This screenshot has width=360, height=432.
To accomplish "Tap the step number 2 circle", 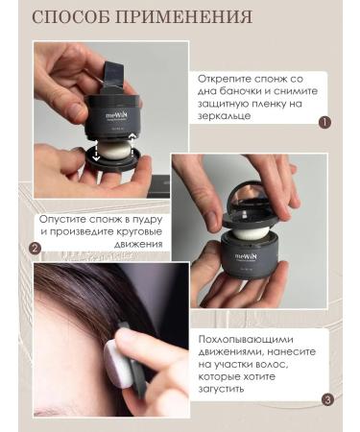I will pyautogui.click(x=35, y=248).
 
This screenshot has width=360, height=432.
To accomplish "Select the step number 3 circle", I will pyautogui.click(x=327, y=399).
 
